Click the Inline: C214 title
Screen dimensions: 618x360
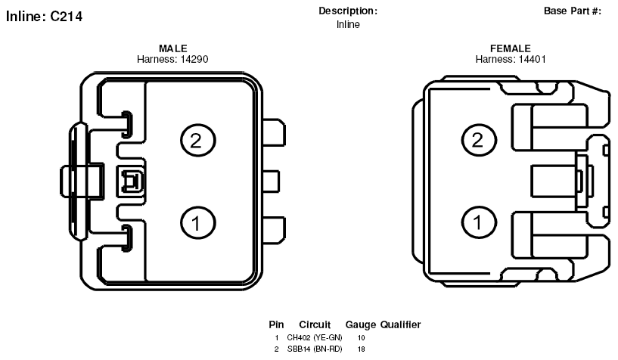click(x=44, y=16)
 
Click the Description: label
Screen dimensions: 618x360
click(x=348, y=11)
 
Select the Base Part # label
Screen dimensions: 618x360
click(x=573, y=11)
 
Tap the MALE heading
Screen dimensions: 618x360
click(x=173, y=48)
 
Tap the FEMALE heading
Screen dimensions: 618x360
click(x=511, y=48)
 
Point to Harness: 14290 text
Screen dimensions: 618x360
click(x=172, y=59)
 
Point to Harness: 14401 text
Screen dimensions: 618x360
click(x=511, y=59)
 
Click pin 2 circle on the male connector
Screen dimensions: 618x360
click(x=198, y=141)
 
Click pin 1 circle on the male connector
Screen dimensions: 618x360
click(x=198, y=223)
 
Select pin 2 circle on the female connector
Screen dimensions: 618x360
click(x=479, y=140)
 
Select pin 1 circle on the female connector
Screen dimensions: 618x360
click(x=479, y=222)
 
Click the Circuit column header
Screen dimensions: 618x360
click(x=315, y=324)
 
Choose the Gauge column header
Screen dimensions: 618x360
click(x=361, y=325)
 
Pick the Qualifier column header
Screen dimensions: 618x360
click(x=400, y=324)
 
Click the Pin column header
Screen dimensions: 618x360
click(x=276, y=324)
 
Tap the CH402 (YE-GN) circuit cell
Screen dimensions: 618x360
click(x=315, y=337)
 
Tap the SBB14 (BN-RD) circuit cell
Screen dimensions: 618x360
click(x=315, y=349)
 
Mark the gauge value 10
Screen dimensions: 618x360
click(x=361, y=337)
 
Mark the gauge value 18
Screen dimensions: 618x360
click(x=361, y=349)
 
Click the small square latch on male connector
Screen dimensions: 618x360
click(x=130, y=182)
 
